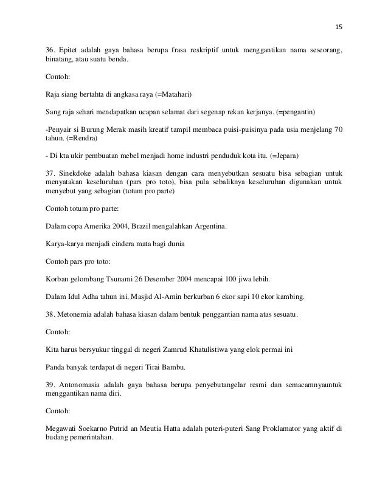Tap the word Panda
pyautogui.click(x=56, y=367)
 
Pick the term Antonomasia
pyautogui.click(x=84, y=384)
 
